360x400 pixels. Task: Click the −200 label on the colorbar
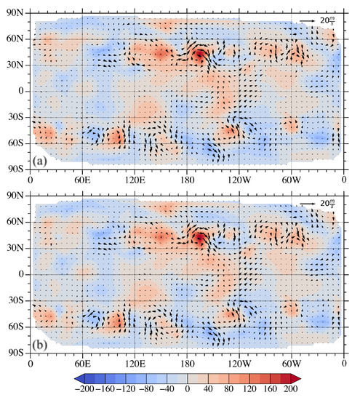point(90,392)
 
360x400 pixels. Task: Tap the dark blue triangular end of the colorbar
point(80,380)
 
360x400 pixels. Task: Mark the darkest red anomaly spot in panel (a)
point(200,55)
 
